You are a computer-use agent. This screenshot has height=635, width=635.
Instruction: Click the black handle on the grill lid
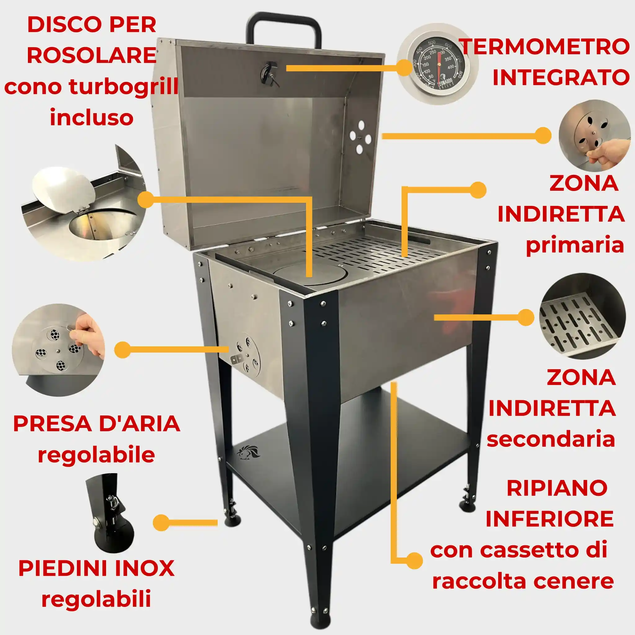(283, 20)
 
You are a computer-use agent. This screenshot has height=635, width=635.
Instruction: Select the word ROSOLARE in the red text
(91, 55)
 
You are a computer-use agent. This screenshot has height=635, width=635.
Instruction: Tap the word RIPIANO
(557, 488)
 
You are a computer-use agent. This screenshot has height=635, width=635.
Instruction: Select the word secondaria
(551, 439)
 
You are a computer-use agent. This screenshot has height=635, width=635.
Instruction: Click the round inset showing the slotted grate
(582, 316)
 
